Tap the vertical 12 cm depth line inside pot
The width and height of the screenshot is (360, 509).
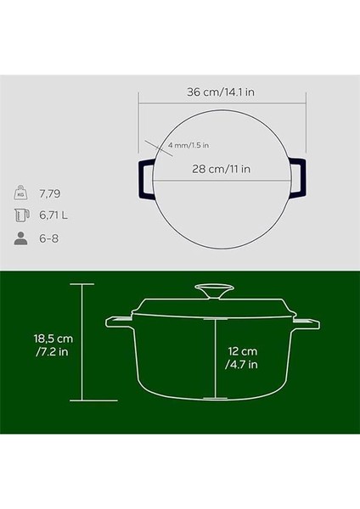pos(217,356)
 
